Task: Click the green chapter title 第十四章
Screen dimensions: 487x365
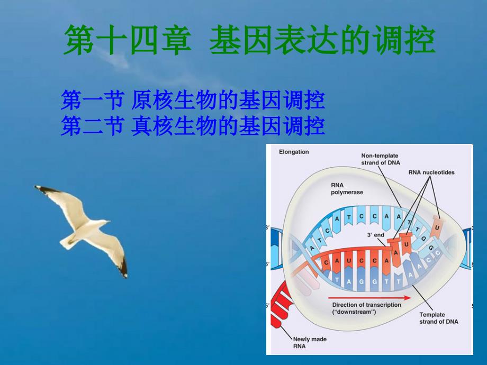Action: coord(127,40)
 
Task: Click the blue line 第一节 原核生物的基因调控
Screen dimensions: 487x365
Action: coord(193,101)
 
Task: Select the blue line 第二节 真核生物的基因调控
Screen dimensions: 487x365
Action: coord(193,126)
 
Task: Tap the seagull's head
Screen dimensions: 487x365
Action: coord(104,223)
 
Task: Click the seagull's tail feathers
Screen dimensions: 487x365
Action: coord(67,242)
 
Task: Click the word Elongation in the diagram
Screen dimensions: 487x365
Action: coord(294,152)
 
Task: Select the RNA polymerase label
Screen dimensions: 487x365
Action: coord(347,189)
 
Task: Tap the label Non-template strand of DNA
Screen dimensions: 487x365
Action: coord(380,159)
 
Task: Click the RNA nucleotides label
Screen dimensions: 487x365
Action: coord(431,172)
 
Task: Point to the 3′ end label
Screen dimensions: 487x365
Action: coord(375,235)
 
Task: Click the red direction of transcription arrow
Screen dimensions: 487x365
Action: coord(369,298)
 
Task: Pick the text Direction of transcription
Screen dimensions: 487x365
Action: coord(366,305)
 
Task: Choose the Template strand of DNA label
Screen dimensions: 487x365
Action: coord(438,318)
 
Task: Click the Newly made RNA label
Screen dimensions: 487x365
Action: coord(310,343)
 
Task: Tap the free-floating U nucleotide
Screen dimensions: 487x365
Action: coord(437,227)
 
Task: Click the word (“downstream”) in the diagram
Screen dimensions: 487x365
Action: coord(354,312)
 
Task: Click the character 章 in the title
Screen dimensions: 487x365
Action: coord(176,40)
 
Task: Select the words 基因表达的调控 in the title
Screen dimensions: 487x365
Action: coord(322,40)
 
